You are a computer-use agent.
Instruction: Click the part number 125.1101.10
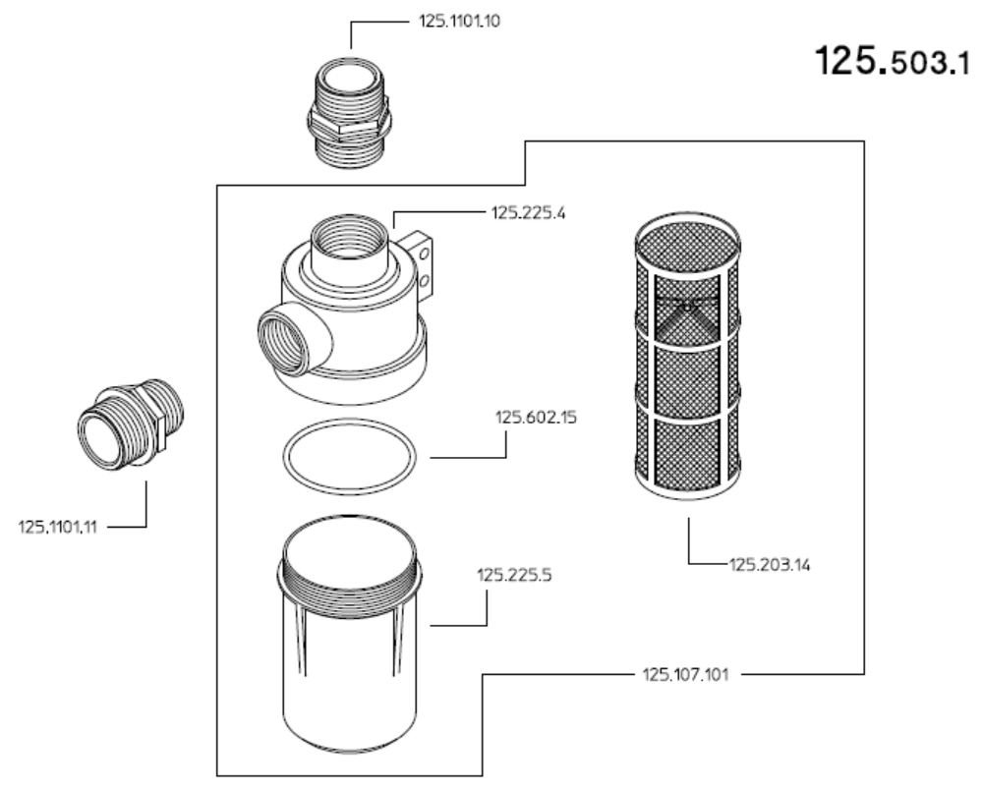460,22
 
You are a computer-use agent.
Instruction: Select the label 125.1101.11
58,527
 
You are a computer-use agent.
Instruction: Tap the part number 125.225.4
528,213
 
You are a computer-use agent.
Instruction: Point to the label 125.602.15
536,418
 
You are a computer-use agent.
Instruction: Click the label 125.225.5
514,575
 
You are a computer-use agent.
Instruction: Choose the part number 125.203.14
770,565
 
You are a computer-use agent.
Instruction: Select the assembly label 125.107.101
686,675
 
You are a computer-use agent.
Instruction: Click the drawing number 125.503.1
893,61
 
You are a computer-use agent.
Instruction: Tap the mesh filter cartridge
688,356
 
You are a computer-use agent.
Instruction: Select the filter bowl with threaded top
349,634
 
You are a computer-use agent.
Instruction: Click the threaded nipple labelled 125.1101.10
350,113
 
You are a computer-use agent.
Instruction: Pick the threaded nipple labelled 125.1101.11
131,424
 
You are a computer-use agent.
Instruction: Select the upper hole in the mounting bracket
424,254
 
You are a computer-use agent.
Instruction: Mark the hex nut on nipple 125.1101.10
350,125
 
